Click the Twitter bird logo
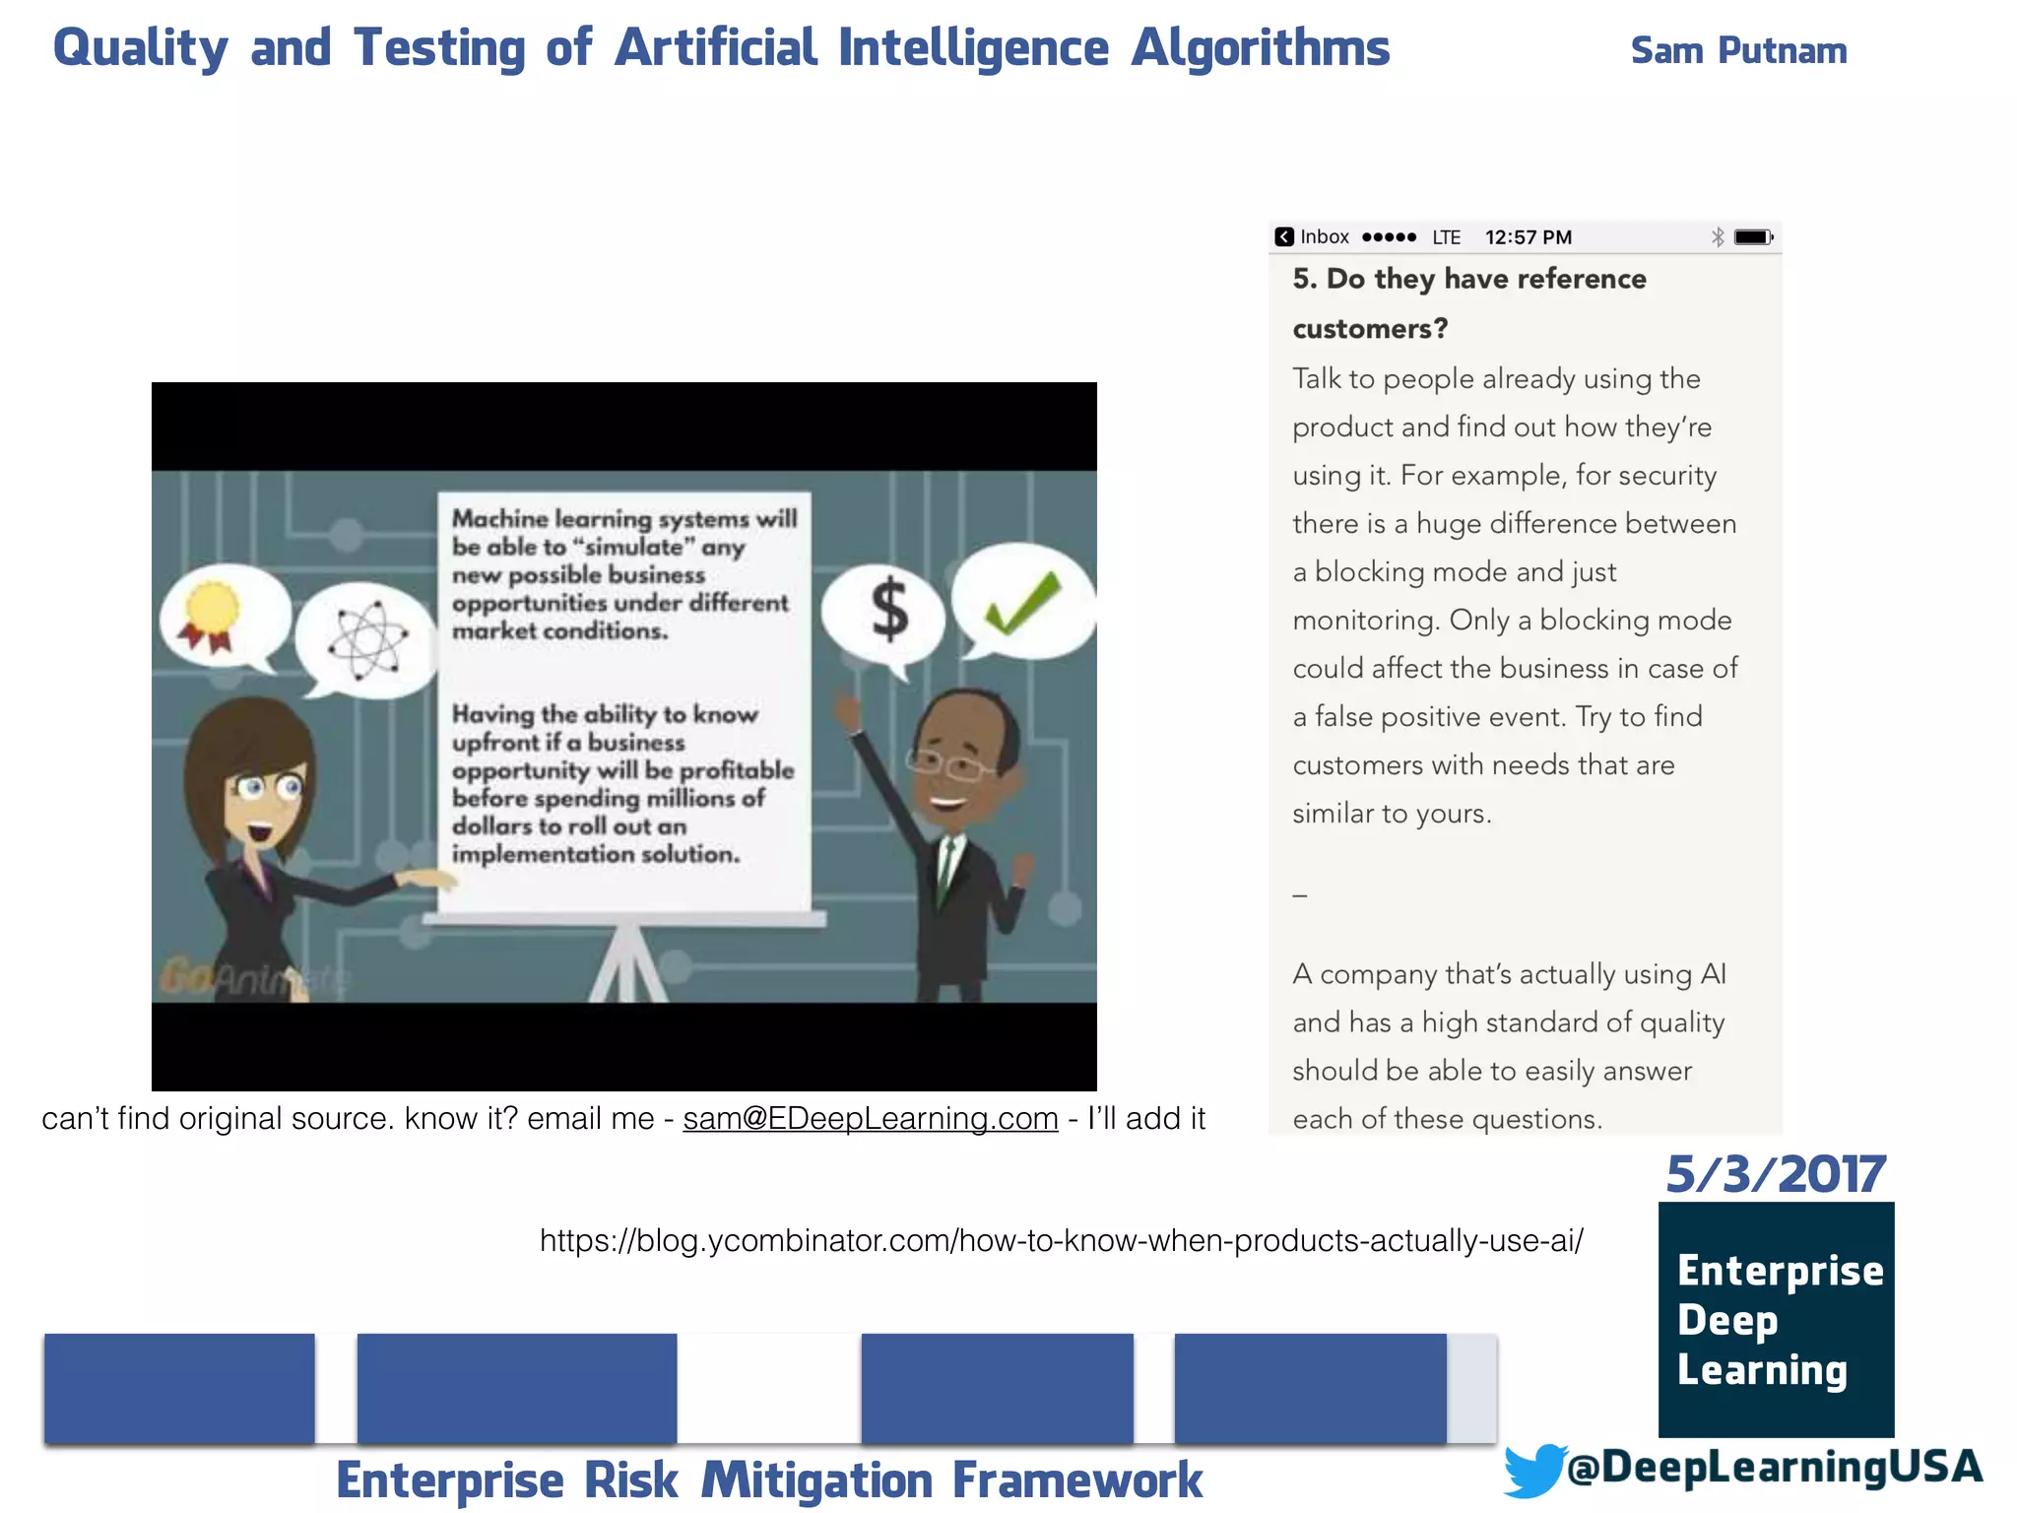pos(1534,1470)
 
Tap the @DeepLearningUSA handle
pos(1774,1467)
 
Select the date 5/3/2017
pos(1776,1174)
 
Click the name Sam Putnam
pos(1738,50)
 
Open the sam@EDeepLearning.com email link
pos(871,1118)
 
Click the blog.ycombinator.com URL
pos(1061,1240)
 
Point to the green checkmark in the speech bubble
pos(1022,602)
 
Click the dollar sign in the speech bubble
pos(889,609)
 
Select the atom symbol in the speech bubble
pos(366,640)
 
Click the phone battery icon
pos(1753,237)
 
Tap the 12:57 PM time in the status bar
pos(1528,237)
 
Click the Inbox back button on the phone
pos(1312,237)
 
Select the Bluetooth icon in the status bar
pos(1718,237)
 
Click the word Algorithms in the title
pos(1260,47)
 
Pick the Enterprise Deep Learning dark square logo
pos(1776,1319)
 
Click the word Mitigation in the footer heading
pos(816,1480)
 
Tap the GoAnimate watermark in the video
pos(252,977)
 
